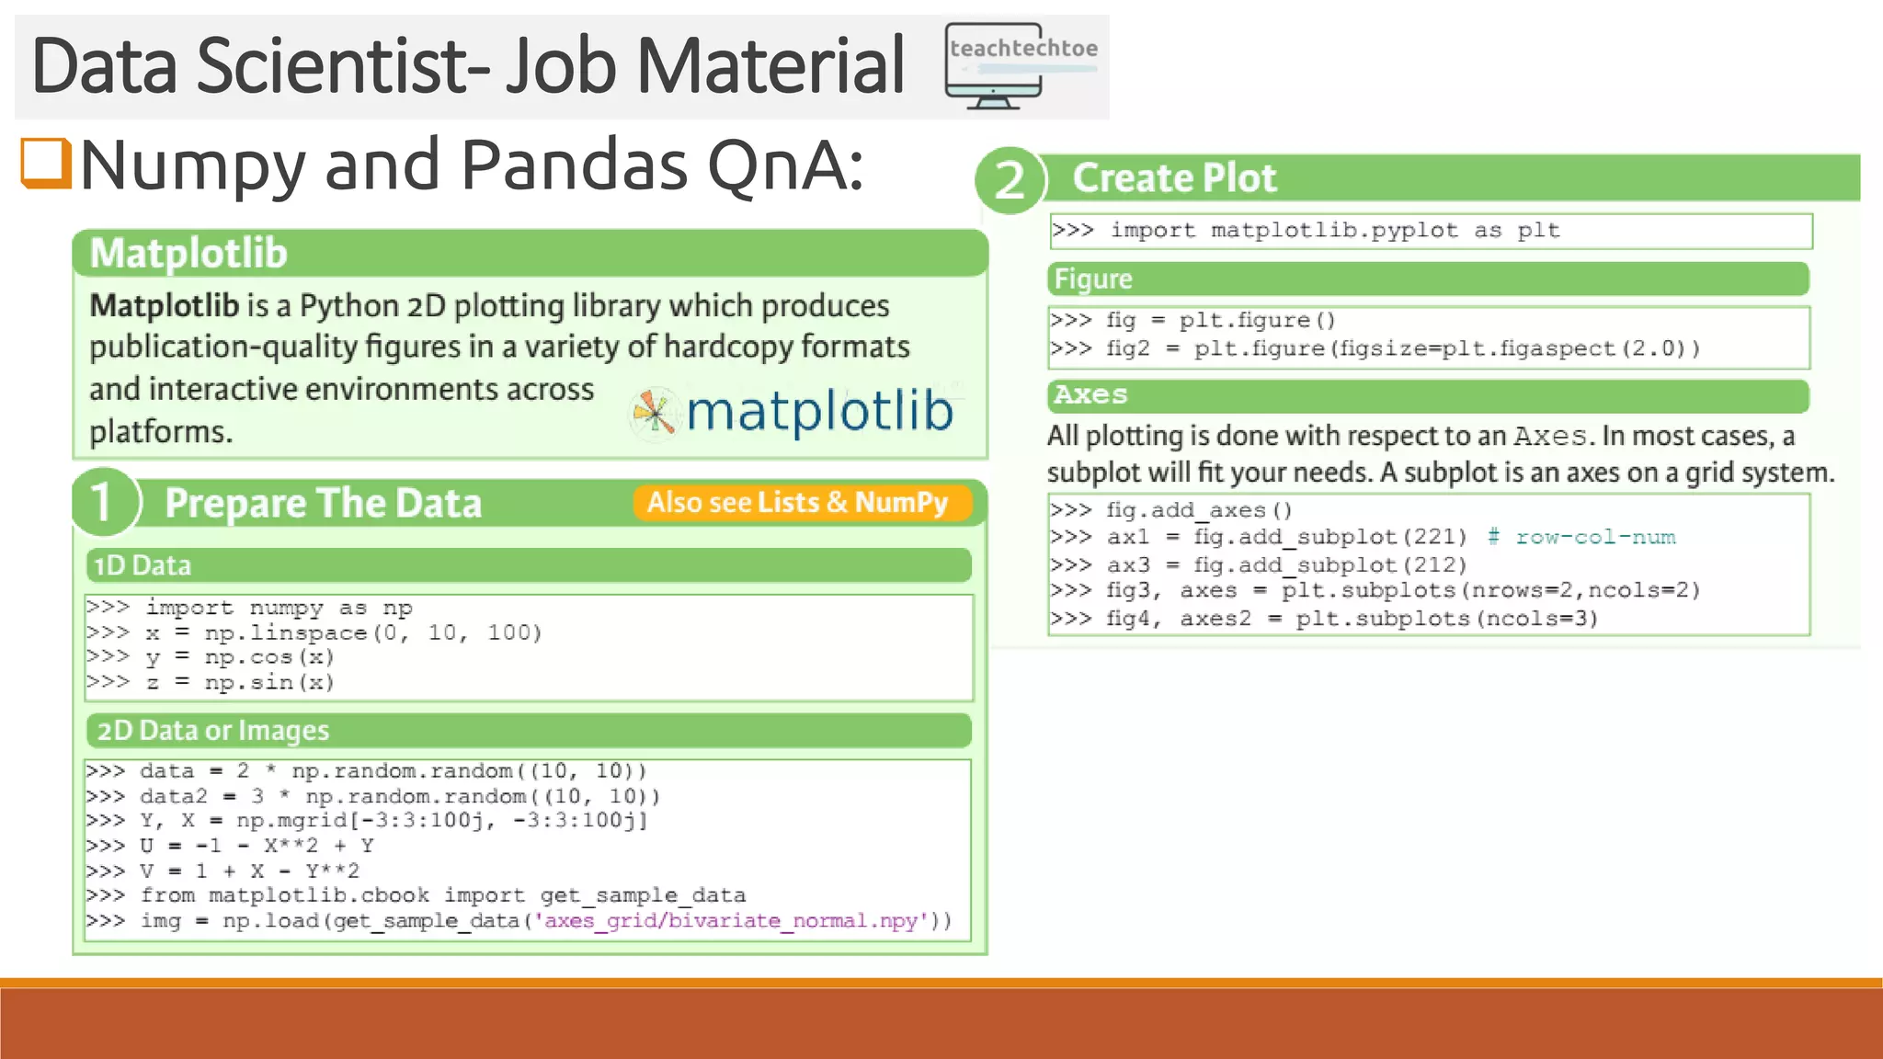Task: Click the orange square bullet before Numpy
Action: point(46,163)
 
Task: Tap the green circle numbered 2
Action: point(1010,180)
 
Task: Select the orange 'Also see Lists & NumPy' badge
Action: point(798,503)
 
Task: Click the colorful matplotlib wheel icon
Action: point(654,412)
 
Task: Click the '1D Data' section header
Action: point(143,565)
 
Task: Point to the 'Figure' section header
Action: point(1093,279)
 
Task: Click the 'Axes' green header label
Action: point(1091,395)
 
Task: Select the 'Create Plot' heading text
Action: point(1174,178)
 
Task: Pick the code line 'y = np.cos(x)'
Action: point(239,657)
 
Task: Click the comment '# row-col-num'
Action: point(1581,537)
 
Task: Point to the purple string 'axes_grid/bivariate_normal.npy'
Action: point(731,920)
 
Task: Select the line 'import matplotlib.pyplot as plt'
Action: point(1334,231)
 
